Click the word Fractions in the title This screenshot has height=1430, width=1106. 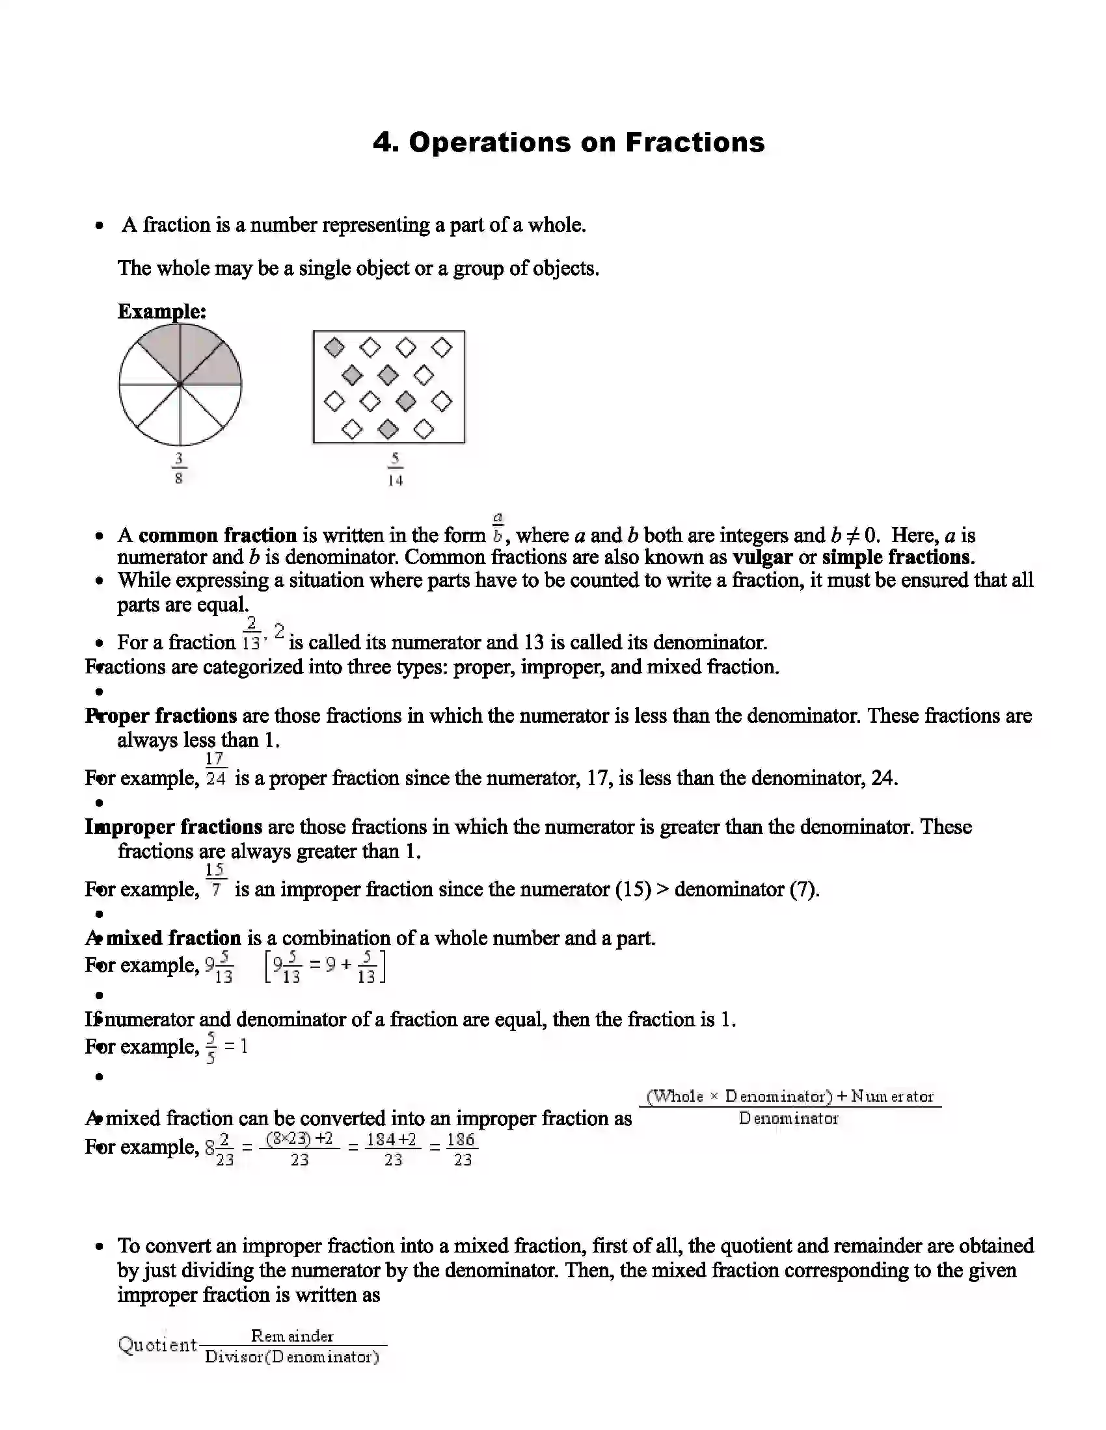[695, 143]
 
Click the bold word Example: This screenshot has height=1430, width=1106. [162, 311]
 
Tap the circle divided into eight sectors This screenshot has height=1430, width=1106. [180, 384]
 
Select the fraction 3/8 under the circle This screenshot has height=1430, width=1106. [179, 467]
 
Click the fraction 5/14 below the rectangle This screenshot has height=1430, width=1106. [394, 469]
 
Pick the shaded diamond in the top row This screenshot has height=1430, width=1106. [335, 347]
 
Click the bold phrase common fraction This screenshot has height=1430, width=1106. [217, 535]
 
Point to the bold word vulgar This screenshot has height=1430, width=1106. [762, 557]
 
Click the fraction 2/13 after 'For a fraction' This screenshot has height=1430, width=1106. [252, 632]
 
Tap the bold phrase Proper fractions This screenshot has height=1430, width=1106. [161, 716]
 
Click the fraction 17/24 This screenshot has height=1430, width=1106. [215, 770]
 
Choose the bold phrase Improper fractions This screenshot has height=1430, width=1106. [174, 827]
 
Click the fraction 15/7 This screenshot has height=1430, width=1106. [215, 881]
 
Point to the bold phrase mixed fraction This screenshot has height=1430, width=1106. [174, 938]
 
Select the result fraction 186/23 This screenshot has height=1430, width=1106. [462, 1149]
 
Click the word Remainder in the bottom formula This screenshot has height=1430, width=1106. [292, 1336]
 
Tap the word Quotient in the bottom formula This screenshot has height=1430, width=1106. [157, 1345]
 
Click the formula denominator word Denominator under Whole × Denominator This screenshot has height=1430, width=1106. [789, 1119]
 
